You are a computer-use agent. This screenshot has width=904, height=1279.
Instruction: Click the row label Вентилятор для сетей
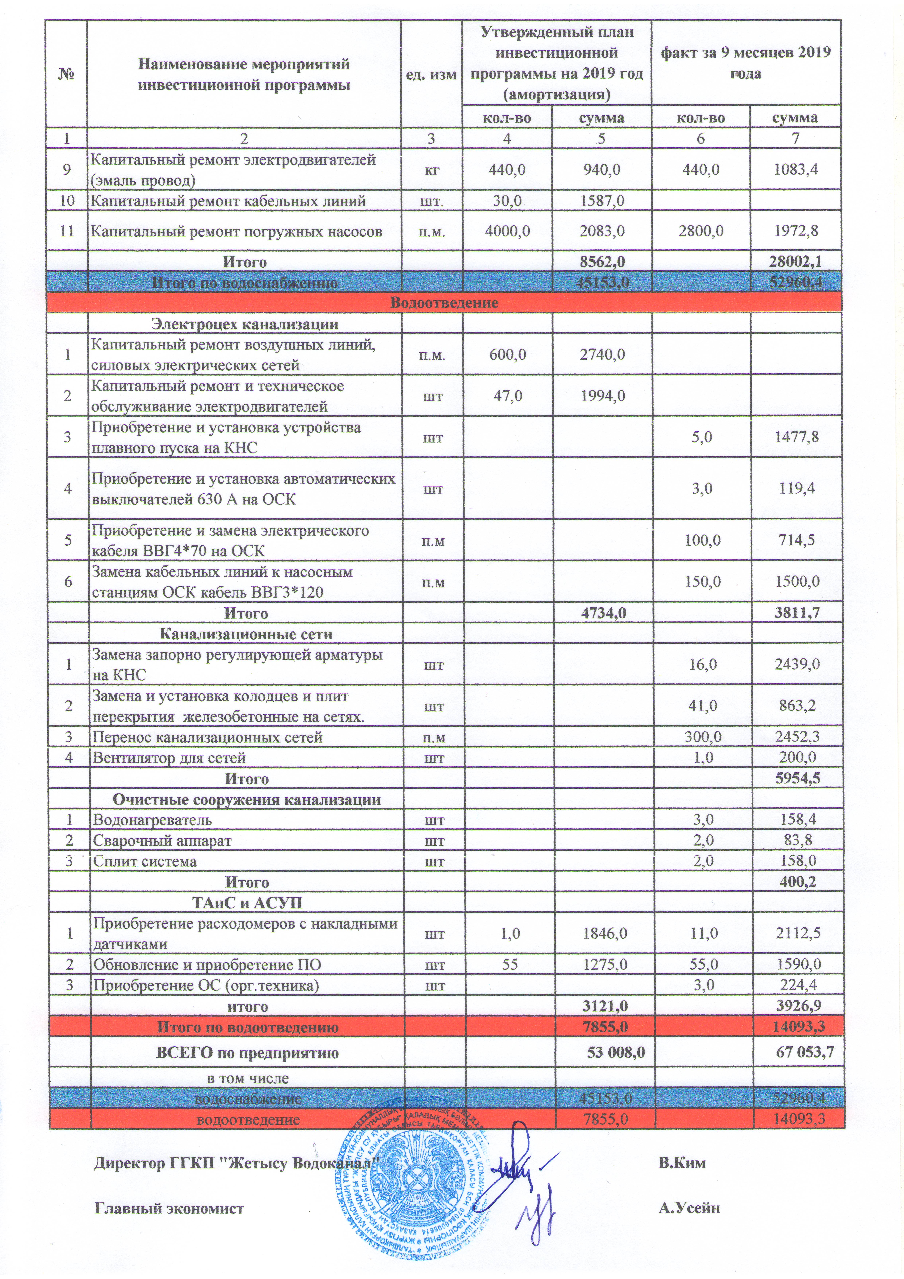[x=169, y=758]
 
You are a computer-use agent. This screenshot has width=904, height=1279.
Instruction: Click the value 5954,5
[x=797, y=779]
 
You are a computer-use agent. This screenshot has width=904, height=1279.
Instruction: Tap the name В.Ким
[x=682, y=1163]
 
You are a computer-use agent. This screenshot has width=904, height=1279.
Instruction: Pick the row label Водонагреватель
[x=152, y=820]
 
